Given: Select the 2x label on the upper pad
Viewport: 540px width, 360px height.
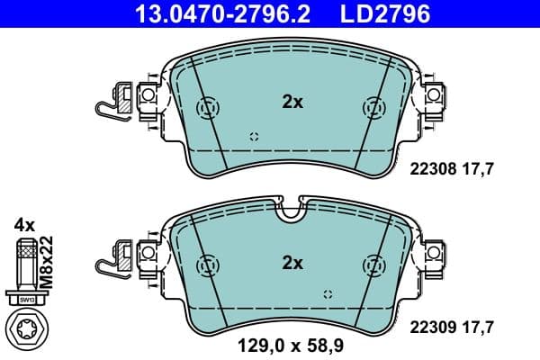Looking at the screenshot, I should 292,103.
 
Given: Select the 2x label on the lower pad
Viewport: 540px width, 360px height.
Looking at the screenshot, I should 292,263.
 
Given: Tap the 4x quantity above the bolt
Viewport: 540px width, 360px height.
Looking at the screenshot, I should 23,223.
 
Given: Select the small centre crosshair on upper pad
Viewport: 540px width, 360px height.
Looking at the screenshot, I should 255,137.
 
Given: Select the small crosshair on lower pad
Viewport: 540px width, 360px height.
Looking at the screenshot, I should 328,294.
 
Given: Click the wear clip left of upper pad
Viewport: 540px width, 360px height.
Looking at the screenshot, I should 115,101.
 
